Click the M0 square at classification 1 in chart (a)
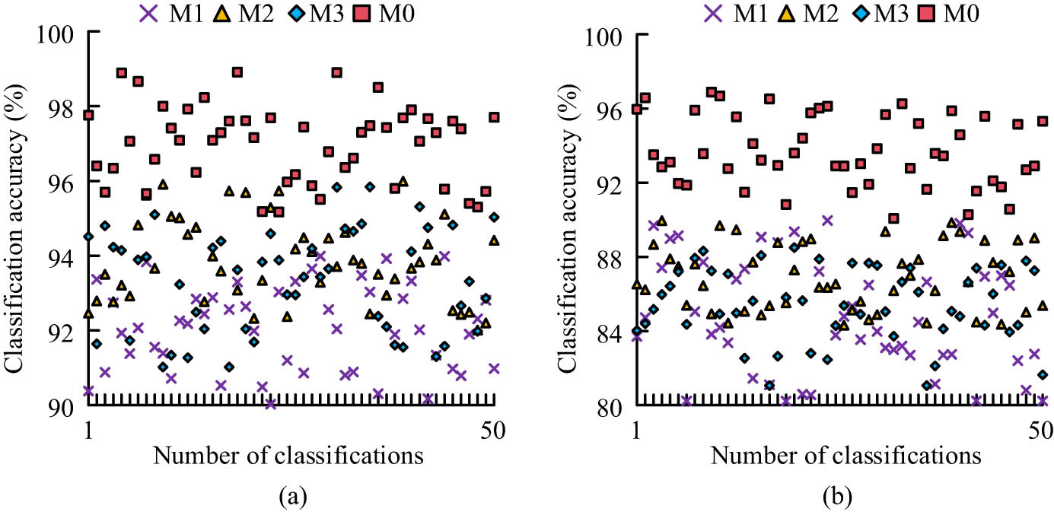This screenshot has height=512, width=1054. click(88, 115)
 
